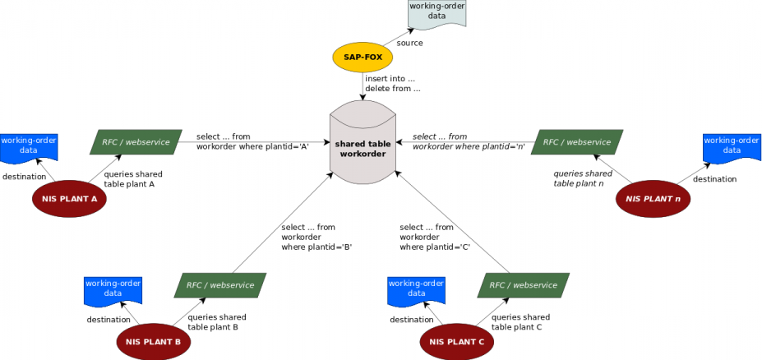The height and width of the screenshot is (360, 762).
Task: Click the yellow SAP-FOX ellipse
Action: coord(363,58)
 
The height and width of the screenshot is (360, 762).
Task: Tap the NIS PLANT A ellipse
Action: coord(70,199)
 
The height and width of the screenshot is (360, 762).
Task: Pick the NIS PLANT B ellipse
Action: coord(153,341)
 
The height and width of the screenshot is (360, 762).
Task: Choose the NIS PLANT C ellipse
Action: coord(456,341)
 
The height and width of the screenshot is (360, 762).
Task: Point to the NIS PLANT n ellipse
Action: coord(653,199)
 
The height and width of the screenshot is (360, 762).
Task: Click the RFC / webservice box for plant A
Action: coord(136,142)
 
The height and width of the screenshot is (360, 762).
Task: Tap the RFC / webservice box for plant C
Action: coord(523,285)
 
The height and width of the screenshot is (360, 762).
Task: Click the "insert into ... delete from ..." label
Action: coord(393,83)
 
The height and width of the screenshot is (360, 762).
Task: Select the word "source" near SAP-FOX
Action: coord(409,43)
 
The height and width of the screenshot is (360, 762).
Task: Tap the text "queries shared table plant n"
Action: coord(583,178)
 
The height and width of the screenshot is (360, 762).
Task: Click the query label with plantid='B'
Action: coord(316,237)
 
